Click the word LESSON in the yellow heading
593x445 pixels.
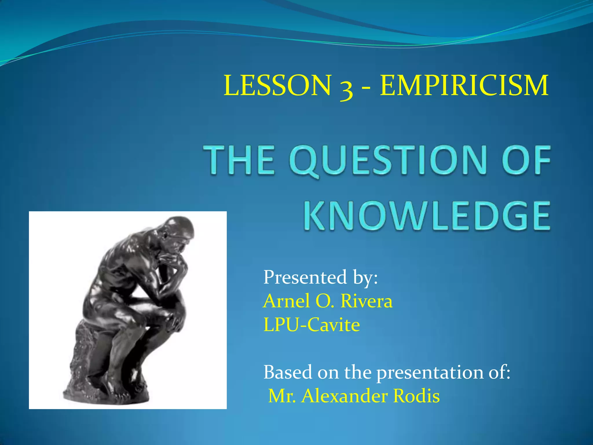277,85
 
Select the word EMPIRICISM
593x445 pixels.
464,85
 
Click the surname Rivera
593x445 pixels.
366,301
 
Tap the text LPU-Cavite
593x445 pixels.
312,325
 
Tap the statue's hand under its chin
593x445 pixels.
171,261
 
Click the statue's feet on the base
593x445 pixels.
122,388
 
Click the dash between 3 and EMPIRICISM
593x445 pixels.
366,87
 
